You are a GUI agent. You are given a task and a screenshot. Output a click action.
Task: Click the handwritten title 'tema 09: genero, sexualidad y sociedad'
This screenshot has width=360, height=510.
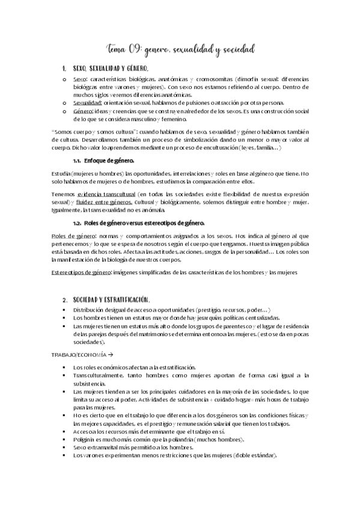point(180,48)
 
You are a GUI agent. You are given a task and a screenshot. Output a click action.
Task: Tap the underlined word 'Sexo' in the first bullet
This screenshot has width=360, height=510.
point(79,79)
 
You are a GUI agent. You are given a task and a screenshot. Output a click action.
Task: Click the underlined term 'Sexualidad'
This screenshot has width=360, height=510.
point(87,102)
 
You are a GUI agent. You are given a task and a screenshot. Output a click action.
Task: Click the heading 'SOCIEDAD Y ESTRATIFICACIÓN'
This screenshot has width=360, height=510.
point(111,300)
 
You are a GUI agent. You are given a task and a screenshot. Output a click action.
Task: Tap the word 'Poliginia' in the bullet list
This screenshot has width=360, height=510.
point(84,440)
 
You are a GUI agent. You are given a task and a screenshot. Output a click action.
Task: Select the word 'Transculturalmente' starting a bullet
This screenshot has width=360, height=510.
point(97,375)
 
